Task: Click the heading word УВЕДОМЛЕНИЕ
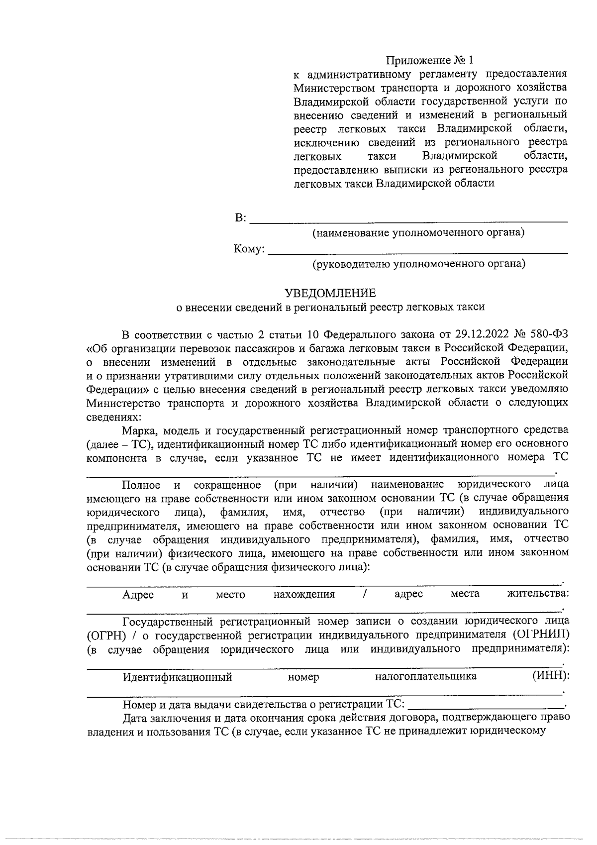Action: point(330,293)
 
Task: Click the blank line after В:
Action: point(408,219)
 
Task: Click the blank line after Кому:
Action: point(418,250)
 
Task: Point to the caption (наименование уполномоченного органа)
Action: point(418,233)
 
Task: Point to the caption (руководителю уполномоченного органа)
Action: point(418,264)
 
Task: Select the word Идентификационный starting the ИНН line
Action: point(178,677)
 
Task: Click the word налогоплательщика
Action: point(426,676)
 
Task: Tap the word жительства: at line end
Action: point(538,594)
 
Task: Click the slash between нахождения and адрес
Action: point(365,594)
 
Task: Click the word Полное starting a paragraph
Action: point(141,485)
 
